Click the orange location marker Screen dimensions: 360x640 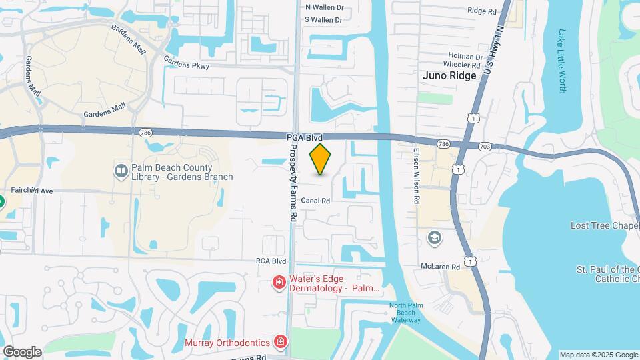tap(320, 159)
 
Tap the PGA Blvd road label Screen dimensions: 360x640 tap(305, 137)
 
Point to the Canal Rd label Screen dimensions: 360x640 tap(315, 201)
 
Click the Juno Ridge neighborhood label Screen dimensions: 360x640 tap(449, 75)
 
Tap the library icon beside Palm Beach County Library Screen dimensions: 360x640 tap(121, 171)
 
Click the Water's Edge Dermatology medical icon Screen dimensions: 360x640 tap(279, 284)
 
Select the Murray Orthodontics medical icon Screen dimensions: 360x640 tap(281, 343)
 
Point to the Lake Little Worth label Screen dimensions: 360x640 tap(561, 61)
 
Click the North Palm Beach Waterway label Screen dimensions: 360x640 tap(406, 312)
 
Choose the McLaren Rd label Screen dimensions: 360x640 tap(440, 267)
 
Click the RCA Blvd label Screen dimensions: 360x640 tap(271, 261)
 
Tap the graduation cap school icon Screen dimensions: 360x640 tap(434, 237)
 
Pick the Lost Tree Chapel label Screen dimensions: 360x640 tap(605, 226)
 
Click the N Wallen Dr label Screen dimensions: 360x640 tap(324, 7)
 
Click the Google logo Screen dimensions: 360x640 tap(22, 351)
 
